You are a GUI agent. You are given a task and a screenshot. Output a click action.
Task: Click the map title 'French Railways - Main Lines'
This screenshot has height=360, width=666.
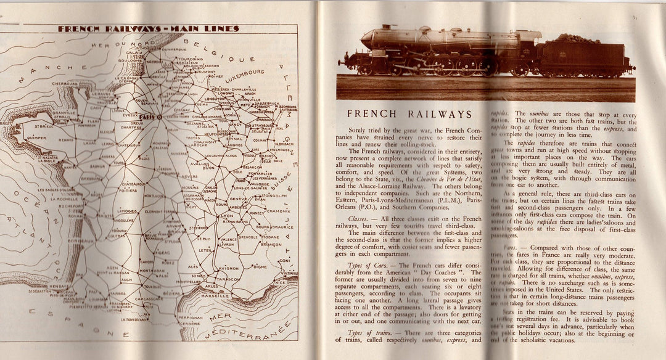148,28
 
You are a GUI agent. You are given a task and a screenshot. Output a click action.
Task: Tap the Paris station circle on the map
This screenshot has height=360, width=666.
160,117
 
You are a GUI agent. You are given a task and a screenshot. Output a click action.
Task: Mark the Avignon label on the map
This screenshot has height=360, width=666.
228,268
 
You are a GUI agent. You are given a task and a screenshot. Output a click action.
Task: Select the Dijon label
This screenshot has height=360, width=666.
210,168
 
